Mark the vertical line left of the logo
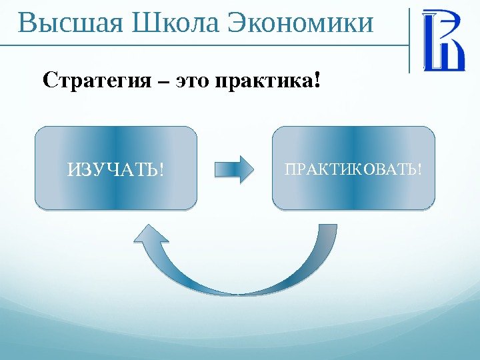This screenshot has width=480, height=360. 409,40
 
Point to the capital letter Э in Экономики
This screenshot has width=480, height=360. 237,23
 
